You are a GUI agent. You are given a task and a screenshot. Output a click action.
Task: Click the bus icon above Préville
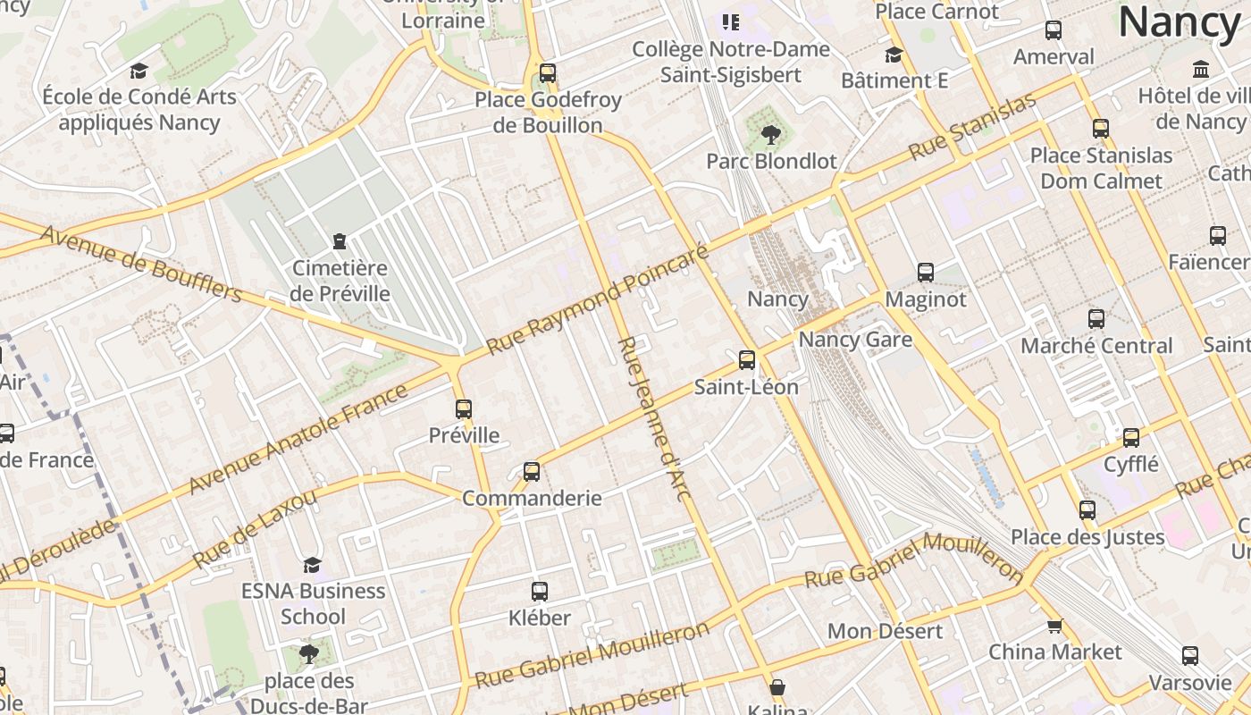tap(463, 409)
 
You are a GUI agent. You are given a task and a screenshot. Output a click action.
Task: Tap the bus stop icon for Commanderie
tap(532, 471)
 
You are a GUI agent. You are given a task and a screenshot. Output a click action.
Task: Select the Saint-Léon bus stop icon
tap(747, 360)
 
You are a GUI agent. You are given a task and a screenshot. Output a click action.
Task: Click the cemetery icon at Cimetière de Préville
tap(340, 240)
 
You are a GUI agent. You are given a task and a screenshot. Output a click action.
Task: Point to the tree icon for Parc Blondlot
tap(770, 135)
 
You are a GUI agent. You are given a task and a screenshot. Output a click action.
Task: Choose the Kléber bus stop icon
tap(540, 591)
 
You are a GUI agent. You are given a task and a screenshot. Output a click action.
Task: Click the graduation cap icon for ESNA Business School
tap(312, 565)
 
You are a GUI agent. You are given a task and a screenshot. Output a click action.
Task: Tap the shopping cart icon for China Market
tap(1054, 626)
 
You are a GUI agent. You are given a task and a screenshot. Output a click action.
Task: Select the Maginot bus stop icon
tap(926, 273)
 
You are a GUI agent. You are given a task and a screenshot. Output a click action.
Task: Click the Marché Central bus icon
tap(1096, 319)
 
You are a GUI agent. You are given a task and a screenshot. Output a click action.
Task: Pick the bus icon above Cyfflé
tap(1131, 438)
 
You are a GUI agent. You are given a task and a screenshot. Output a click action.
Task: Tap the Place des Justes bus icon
tap(1087, 510)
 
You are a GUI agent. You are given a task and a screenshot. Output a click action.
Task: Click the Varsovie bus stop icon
tap(1189, 656)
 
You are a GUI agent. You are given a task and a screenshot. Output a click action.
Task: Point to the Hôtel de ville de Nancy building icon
tap(1201, 69)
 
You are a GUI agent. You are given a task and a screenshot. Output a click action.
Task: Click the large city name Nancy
tap(1180, 22)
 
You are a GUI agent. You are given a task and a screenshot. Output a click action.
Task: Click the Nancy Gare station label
tap(855, 340)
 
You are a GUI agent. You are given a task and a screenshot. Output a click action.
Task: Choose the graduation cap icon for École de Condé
tap(139, 71)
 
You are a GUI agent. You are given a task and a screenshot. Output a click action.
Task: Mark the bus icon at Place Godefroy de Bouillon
tap(548, 73)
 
